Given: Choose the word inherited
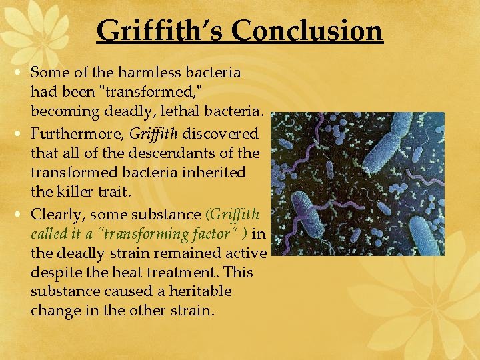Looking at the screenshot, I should coord(214,172).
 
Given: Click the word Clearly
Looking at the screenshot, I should coord(58,215).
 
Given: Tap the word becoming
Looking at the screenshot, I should coord(62,110).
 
